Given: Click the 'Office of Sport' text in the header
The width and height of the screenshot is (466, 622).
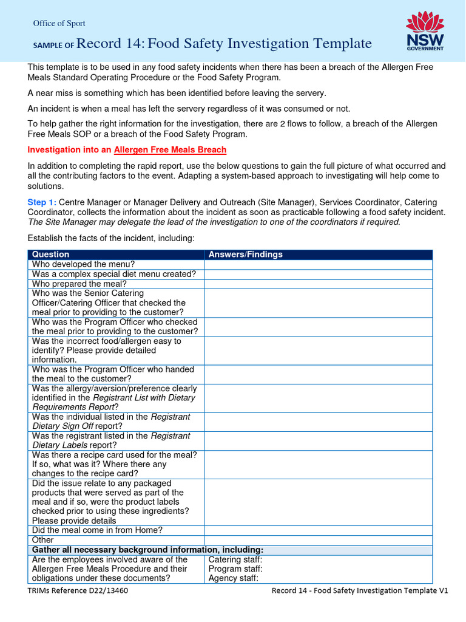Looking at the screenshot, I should tap(59, 24).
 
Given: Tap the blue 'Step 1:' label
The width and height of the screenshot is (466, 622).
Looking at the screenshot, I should tap(42, 202).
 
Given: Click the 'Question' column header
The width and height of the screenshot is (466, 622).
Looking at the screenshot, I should tap(51, 255).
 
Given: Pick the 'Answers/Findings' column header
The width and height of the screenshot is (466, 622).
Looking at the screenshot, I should tap(246, 255).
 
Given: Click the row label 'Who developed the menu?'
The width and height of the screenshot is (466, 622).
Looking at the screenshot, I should tap(84, 264).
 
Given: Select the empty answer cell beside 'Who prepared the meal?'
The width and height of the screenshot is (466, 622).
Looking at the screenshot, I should tap(318, 284).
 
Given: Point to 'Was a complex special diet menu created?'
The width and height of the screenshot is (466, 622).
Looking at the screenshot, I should tap(114, 274).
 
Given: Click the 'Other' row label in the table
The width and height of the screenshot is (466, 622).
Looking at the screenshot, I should tap(43, 540).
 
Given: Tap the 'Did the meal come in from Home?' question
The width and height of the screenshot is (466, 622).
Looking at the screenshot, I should tap(97, 530).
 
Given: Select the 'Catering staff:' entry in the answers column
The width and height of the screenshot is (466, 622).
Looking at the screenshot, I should tap(235, 559).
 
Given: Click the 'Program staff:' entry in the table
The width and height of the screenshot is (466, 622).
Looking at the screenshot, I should tap(235, 569).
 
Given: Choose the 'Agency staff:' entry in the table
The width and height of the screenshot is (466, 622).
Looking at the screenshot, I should tap(234, 579).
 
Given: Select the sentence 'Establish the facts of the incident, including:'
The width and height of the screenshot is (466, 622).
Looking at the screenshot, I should tap(111, 238).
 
